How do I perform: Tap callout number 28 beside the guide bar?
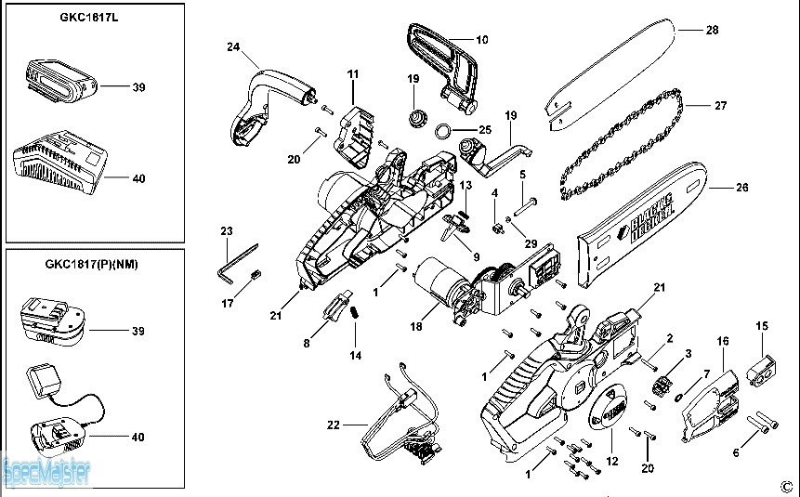[712, 31]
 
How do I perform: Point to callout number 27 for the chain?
[720, 105]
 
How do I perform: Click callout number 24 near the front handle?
[234, 46]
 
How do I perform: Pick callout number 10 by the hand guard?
[481, 40]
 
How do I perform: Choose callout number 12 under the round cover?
[610, 461]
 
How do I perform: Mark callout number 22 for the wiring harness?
[334, 425]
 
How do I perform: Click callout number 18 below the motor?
[416, 327]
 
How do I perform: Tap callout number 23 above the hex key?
[227, 230]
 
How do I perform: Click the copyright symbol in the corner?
[784, 485]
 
